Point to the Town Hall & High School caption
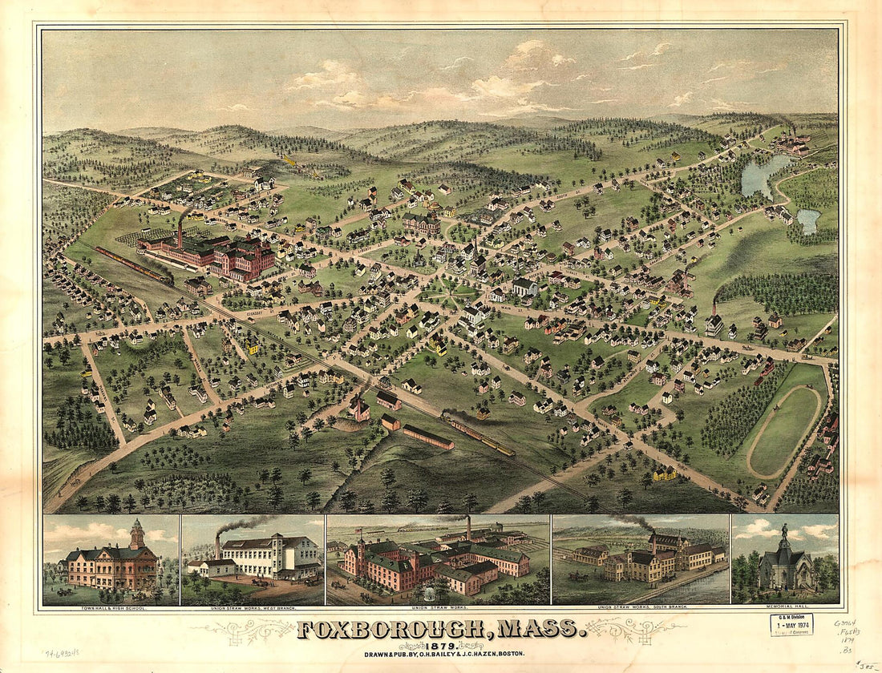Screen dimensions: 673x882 111,609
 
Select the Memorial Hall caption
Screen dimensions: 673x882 785,609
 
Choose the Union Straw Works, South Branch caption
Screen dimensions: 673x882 641,609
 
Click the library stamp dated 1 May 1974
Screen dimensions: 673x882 791,624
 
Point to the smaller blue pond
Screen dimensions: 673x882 808,221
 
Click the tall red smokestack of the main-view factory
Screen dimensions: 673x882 180,232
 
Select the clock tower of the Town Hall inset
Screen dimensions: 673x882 137,534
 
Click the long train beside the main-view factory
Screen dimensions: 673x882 132,264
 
